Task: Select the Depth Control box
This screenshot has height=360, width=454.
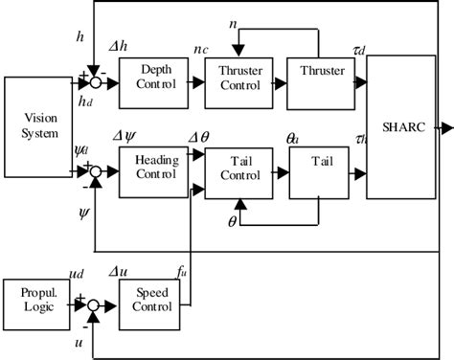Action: [x=154, y=76]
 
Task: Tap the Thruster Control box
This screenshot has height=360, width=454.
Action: [x=238, y=76]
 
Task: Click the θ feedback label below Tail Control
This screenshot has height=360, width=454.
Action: [x=232, y=219]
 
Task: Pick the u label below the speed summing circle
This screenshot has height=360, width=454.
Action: [x=79, y=340]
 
